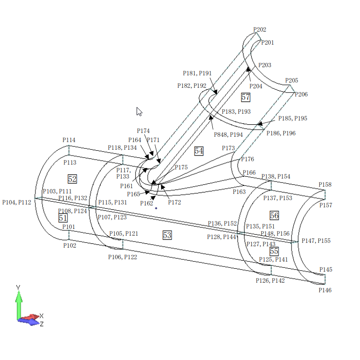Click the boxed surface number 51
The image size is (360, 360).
click(x=63, y=218)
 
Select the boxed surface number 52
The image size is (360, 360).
click(x=72, y=179)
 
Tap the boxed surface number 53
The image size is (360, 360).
click(x=167, y=235)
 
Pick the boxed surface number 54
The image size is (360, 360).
click(x=199, y=151)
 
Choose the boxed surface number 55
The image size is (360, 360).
click(x=274, y=251)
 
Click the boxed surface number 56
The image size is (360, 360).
click(x=274, y=216)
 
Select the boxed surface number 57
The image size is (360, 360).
click(x=245, y=97)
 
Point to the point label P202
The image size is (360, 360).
click(x=259, y=30)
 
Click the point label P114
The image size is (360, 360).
click(x=69, y=140)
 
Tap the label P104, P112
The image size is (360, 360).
click(x=17, y=203)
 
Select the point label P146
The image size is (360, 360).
click(x=325, y=290)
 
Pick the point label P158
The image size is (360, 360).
click(x=325, y=185)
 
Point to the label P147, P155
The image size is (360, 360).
click(x=316, y=241)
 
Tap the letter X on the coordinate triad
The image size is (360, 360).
click(x=42, y=316)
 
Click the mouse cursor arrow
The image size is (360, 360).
click(x=139, y=111)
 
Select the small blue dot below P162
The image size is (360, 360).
click(x=156, y=208)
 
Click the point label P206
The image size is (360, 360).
click(x=301, y=95)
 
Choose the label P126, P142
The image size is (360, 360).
click(x=270, y=280)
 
